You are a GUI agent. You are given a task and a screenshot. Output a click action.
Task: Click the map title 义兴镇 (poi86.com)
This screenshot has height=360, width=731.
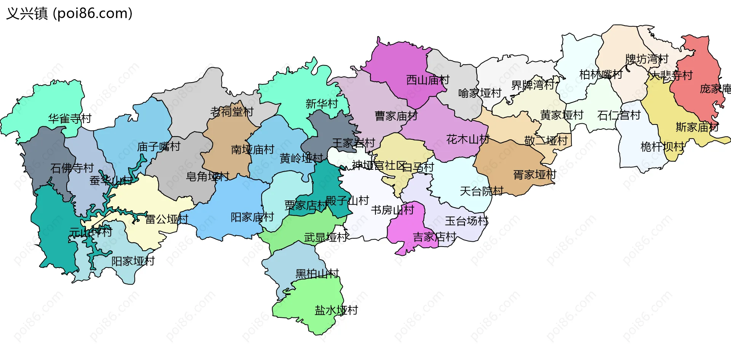tap(69, 14)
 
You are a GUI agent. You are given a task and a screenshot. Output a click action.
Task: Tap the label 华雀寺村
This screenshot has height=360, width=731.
tap(70, 119)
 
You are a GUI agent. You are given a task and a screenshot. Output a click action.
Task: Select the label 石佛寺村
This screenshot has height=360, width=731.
tap(72, 168)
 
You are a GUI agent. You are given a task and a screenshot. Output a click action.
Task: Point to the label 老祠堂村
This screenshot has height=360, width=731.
tap(232, 112)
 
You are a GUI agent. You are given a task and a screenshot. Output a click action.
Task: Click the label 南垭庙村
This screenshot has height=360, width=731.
tap(252, 150)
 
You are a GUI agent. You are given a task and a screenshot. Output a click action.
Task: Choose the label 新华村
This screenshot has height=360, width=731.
tap(322, 104)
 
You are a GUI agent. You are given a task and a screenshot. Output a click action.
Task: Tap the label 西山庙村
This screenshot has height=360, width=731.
tap(428, 80)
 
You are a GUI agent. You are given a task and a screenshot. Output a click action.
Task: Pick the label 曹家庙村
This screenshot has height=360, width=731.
tap(396, 116)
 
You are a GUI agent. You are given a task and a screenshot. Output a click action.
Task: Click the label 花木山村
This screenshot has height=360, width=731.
tap(468, 140)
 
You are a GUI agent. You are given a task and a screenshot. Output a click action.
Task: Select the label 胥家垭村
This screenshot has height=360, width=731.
tap(535, 175)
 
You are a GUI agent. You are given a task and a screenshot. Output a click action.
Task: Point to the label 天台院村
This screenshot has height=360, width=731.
tap(481, 191)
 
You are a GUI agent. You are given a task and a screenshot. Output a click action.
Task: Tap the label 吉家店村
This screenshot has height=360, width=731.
tap(434, 237)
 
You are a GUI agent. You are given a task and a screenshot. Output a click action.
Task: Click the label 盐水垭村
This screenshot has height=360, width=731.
tap(336, 310)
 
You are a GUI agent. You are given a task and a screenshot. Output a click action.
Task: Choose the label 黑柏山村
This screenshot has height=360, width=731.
tap(317, 274)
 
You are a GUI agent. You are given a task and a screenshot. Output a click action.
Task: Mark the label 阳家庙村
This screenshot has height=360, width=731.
tap(252, 217)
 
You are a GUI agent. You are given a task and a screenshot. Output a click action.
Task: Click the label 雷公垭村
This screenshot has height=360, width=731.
tap(167, 219)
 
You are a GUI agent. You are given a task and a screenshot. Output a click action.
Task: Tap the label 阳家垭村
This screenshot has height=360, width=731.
tap(133, 261)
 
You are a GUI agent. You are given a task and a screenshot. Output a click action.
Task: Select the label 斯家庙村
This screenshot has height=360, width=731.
tap(697, 127)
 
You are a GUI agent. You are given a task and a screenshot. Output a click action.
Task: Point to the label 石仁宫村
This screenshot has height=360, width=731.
tap(619, 115)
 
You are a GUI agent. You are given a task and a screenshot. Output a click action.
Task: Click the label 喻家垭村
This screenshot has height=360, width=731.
tap(480, 93)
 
